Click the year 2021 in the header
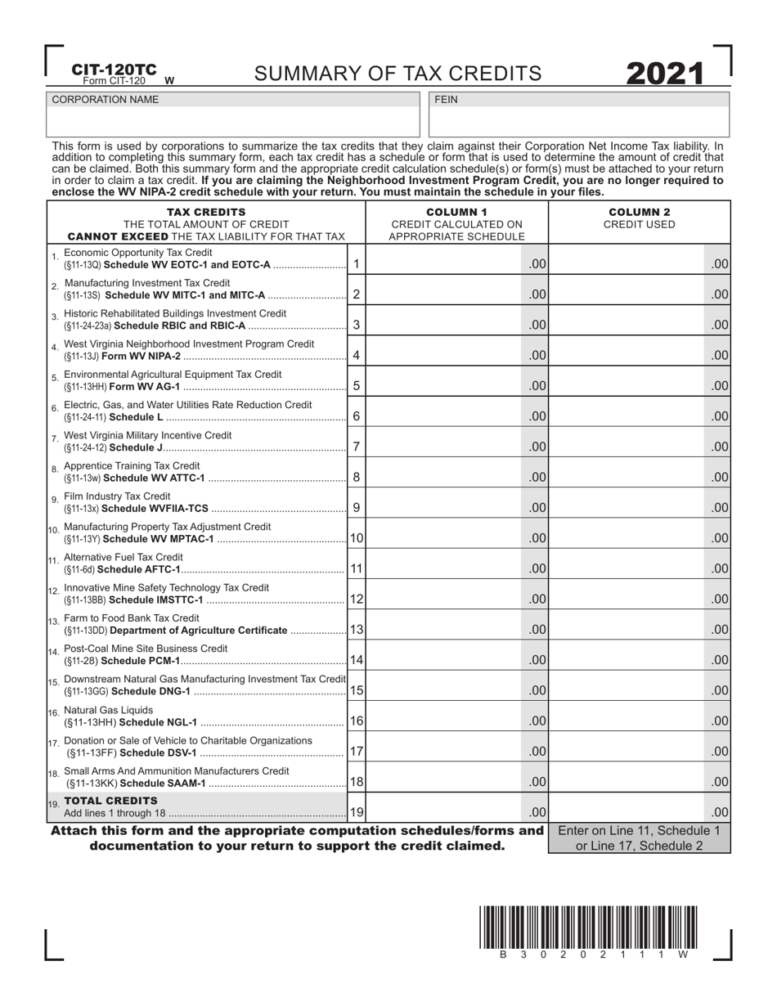point(665,74)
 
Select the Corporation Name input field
point(234,122)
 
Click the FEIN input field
point(578,122)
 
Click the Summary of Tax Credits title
point(397,74)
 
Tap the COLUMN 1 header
point(456,213)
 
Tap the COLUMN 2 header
point(639,213)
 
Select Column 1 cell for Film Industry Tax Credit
point(446,507)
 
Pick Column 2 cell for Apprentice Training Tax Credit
point(628,477)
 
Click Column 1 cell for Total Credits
point(446,812)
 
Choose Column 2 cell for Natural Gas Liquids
point(628,721)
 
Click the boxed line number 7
point(356,447)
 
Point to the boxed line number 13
point(357,629)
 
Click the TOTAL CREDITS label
point(110,801)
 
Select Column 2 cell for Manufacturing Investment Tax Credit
point(628,294)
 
